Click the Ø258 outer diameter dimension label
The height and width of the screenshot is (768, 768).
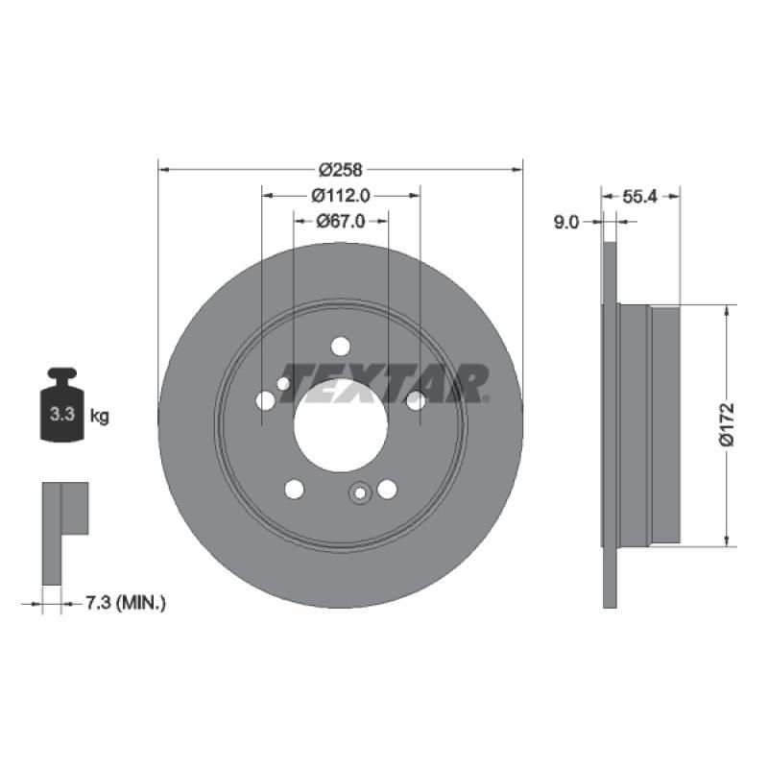coord(341,170)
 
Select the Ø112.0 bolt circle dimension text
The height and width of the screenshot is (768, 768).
coord(341,196)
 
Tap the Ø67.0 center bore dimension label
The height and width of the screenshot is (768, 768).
coord(341,222)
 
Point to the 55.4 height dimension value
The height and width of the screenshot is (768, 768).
coord(639,197)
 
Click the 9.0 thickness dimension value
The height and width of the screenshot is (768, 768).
coord(566,223)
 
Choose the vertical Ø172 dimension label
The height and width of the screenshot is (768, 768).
coord(727,424)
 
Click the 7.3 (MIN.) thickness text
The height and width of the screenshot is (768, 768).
coord(126,603)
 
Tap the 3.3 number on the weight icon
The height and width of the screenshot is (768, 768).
coord(62,415)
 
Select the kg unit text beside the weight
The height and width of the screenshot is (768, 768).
coord(100,417)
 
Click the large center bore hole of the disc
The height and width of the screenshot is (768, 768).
coord(341,425)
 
